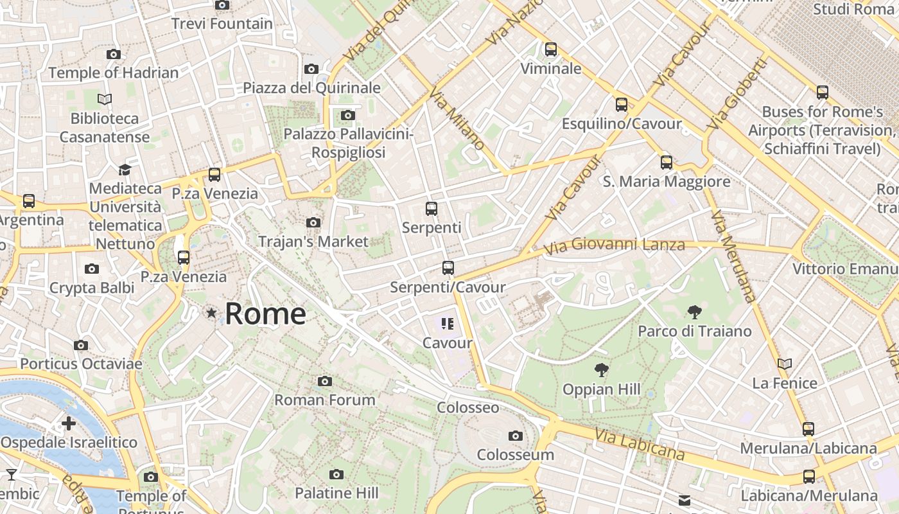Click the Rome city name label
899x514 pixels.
265,314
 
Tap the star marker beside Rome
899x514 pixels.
211,313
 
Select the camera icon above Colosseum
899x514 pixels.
515,436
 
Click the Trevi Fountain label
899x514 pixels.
222,24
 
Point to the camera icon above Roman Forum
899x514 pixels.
325,382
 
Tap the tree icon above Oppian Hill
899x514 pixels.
601,370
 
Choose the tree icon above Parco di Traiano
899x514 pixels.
694,313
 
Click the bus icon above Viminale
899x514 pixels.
550,49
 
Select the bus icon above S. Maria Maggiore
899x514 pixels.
667,163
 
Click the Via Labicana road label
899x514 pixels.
639,444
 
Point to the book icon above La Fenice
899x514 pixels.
784,364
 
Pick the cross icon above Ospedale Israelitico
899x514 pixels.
69,423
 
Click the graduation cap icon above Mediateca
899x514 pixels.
125,170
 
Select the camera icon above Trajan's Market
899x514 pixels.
313,223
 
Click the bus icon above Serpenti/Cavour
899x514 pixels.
448,268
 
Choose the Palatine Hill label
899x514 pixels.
336,493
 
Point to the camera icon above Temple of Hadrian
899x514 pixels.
113,55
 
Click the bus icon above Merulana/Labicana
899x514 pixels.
808,429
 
